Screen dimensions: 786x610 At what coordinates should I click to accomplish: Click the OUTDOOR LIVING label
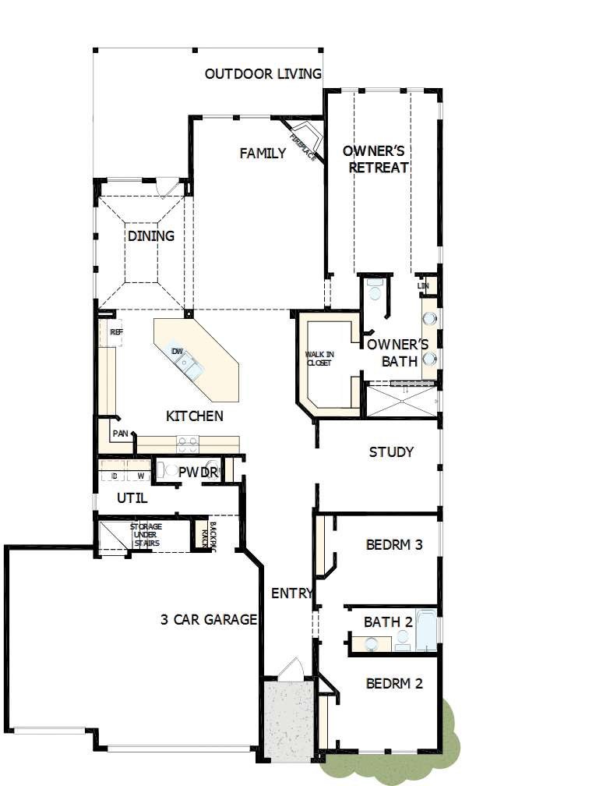point(263,74)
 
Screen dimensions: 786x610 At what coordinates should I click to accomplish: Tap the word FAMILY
point(263,154)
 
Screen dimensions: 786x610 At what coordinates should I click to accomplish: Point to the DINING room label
point(151,235)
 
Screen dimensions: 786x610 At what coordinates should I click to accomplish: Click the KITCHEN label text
point(195,416)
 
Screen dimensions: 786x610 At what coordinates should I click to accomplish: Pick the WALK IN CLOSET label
point(319,359)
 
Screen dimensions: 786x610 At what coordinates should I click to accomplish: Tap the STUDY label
point(391,452)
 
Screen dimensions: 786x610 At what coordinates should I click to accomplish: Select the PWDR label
point(197,473)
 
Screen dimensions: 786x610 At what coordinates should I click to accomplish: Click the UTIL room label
point(132,498)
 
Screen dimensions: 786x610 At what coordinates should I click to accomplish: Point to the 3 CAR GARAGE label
point(209,620)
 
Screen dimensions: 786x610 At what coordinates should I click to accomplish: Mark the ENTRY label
point(292,593)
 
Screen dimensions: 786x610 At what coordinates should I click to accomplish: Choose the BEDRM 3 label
point(394,544)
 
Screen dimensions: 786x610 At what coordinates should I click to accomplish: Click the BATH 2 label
point(387,622)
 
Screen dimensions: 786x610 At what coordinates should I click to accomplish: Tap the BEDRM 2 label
point(394,684)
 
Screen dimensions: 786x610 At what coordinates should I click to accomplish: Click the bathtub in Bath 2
point(428,628)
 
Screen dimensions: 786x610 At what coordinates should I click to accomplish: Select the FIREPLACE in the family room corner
point(302,140)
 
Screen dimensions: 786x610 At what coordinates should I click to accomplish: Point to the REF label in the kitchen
point(116,332)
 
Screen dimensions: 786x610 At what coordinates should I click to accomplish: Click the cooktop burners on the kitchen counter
point(188,444)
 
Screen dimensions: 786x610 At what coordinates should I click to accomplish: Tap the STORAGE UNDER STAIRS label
point(146,535)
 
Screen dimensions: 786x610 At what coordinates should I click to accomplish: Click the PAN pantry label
point(120,433)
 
